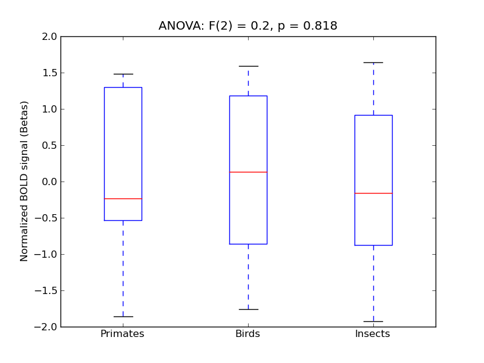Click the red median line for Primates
[123, 198]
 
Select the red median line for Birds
[248, 172]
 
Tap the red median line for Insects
[373, 193]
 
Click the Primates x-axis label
[122, 334]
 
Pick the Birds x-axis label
[247, 334]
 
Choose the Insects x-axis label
[372, 334]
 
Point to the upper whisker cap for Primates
[123, 74]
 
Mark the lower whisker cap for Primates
[123, 316]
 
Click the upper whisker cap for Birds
[248, 66]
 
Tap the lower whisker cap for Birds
[248, 309]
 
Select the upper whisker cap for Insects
[373, 62]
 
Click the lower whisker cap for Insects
[373, 321]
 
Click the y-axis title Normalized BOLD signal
[24, 181]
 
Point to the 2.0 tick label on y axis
[50, 36]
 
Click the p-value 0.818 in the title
[321, 26]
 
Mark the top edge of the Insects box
[373, 115]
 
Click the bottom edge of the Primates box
[123, 220]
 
